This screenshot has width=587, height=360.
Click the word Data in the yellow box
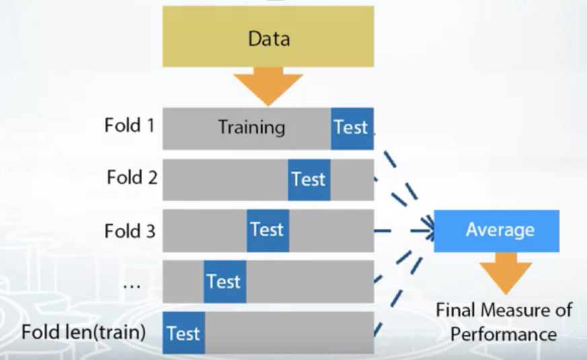tap(269, 38)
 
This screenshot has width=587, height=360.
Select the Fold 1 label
tap(130, 126)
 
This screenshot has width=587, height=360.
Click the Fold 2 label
tap(132, 178)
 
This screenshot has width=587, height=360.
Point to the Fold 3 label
tap(130, 231)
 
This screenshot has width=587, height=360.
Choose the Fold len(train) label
tap(83, 332)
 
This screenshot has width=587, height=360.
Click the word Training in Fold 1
tap(251, 127)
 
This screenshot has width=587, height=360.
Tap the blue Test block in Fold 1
tap(351, 127)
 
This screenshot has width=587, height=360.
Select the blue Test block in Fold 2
tap(309, 179)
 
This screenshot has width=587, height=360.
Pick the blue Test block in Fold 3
tap(267, 230)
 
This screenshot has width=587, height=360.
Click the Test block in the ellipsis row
tap(224, 281)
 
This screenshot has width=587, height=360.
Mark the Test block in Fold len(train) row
tap(183, 333)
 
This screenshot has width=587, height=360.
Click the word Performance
tap(504, 334)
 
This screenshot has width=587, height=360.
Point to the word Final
tap(457, 310)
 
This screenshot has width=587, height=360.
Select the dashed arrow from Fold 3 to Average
tap(404, 231)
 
